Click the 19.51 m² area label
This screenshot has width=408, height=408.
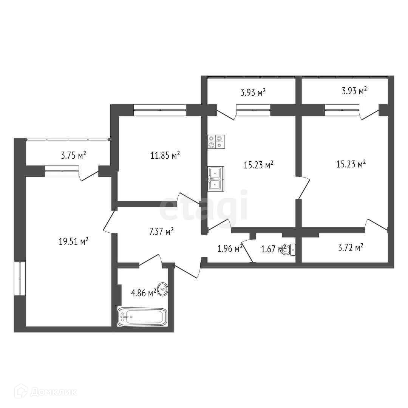point(74,241)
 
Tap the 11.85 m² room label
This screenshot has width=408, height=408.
point(165,155)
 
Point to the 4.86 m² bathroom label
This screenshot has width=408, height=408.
point(143,293)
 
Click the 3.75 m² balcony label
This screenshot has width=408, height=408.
point(74,155)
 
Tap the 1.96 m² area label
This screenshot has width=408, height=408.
point(230,248)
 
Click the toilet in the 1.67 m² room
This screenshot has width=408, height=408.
point(288,249)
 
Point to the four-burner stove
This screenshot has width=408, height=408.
point(216,142)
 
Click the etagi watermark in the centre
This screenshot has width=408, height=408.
point(204,206)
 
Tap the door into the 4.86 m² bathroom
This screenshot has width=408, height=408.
point(150,261)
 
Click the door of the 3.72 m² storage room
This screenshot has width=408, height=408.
point(376,225)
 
